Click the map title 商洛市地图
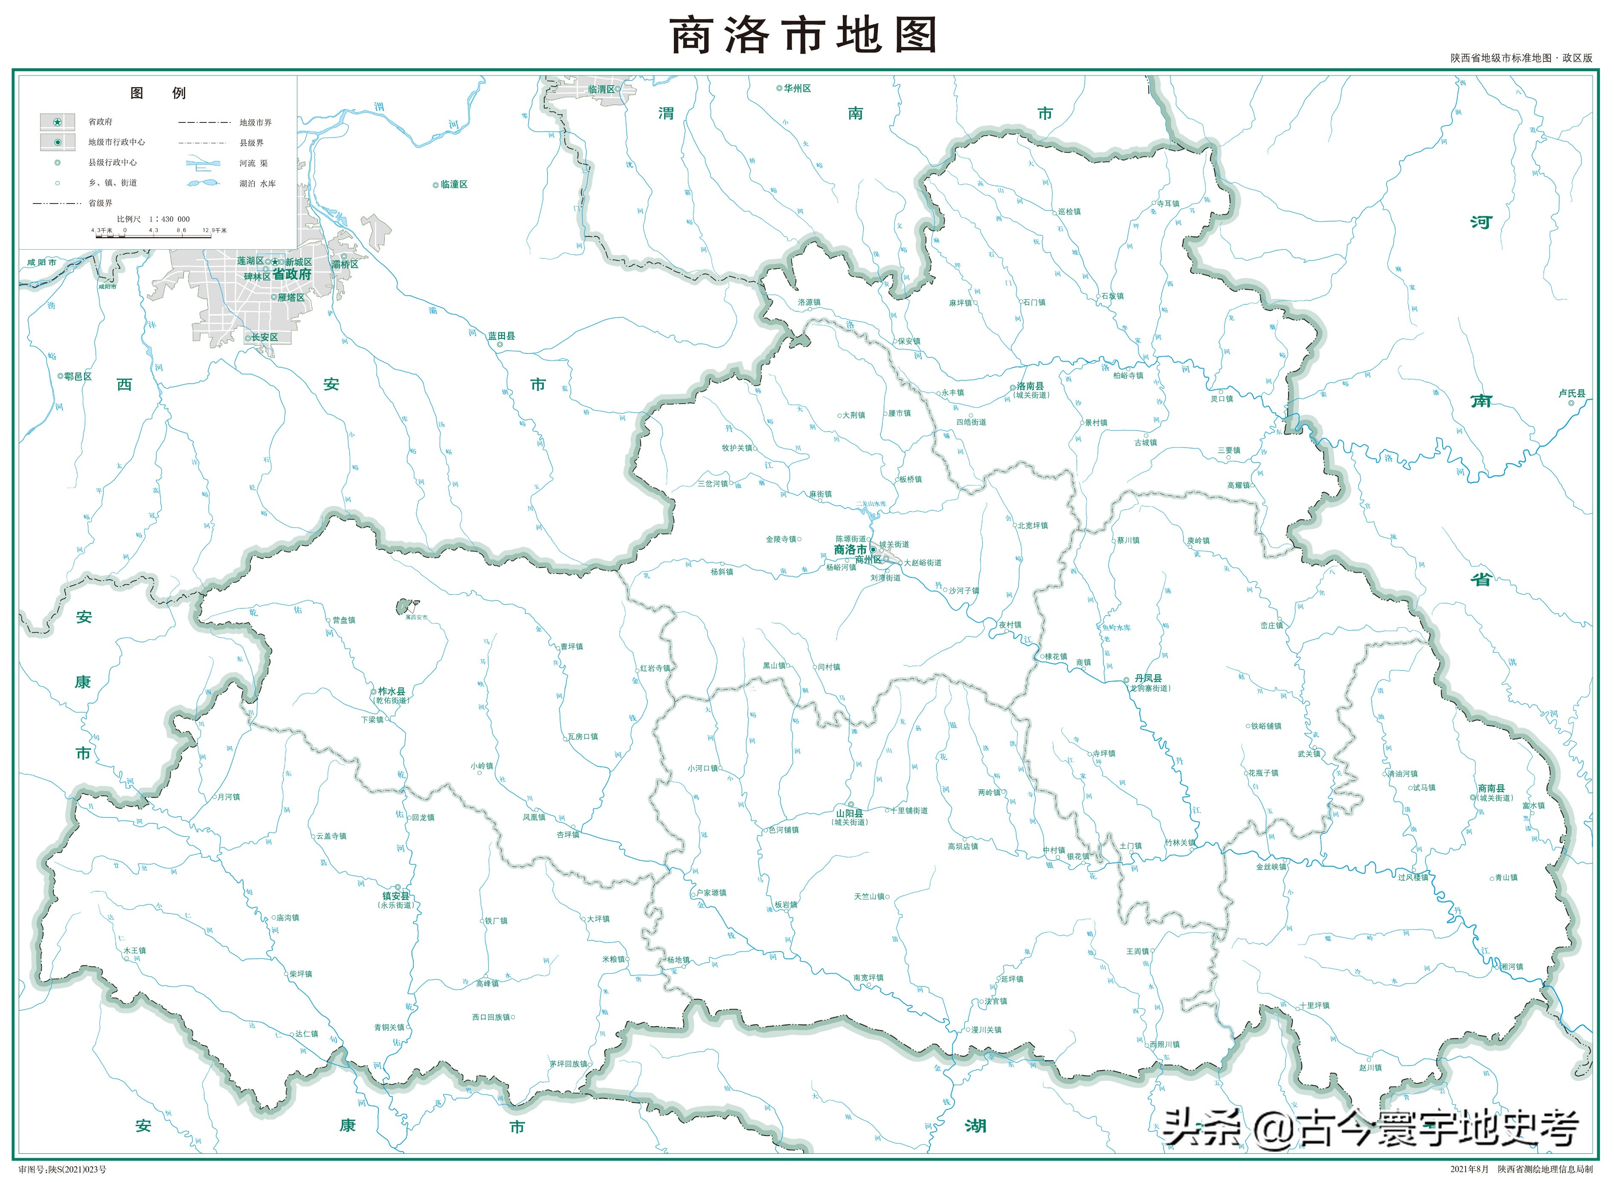(x=804, y=36)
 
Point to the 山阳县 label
(x=850, y=813)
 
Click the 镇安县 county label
(x=395, y=896)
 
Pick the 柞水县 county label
(x=391, y=691)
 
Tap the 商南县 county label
(x=1491, y=788)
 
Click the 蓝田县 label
(x=501, y=335)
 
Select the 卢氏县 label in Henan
(x=1571, y=393)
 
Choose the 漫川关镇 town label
(x=986, y=1030)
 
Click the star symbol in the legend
(x=57, y=122)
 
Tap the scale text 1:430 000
(x=169, y=219)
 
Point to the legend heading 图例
(x=158, y=93)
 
